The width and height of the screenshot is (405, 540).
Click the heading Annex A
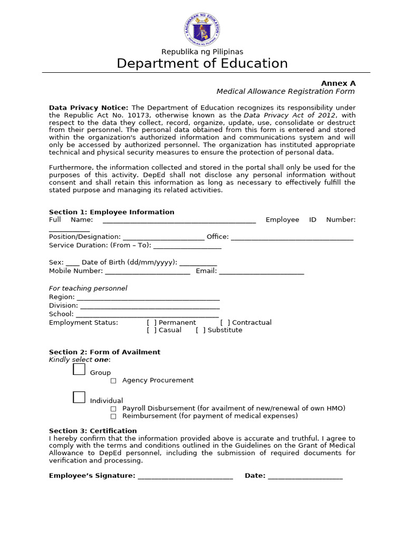point(339,83)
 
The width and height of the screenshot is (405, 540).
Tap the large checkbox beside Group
point(79,369)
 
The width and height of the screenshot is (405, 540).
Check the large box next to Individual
point(79,397)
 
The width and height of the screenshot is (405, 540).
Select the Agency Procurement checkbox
point(113,381)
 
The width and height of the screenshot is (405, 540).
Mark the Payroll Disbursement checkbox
point(113,409)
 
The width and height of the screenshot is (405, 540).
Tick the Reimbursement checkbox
point(113,416)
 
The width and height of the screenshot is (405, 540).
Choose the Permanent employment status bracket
point(151,323)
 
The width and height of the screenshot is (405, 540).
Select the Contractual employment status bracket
point(225,323)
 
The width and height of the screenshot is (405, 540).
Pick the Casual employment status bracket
point(151,330)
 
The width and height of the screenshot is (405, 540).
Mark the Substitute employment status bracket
point(200,330)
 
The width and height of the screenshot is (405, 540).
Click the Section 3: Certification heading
point(93,431)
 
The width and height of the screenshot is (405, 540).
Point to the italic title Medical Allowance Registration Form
point(286,92)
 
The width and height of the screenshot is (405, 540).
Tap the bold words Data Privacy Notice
point(89,108)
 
